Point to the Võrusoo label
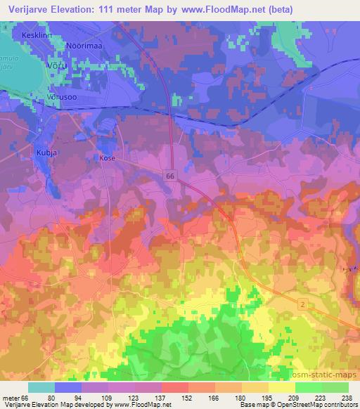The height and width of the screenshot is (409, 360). click(58, 96)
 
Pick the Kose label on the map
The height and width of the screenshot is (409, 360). click(107, 159)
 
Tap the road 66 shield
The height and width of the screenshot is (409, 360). click(172, 176)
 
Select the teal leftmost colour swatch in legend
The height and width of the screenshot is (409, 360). click(41, 387)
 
